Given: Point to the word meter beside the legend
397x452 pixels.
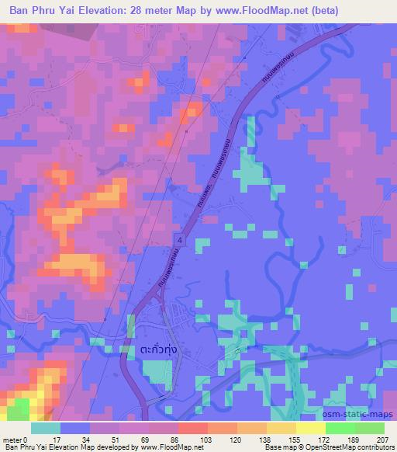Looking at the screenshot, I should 12,440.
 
